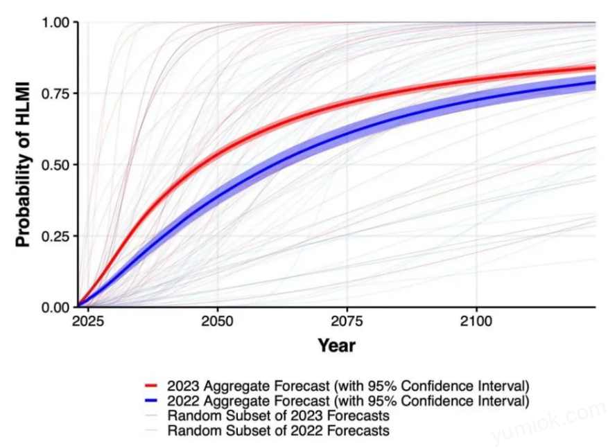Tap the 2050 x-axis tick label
218,322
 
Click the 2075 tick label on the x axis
347,322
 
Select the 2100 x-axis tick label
476,322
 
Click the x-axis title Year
337,345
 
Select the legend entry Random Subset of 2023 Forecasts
278,415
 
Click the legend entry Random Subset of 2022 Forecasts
278,431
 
